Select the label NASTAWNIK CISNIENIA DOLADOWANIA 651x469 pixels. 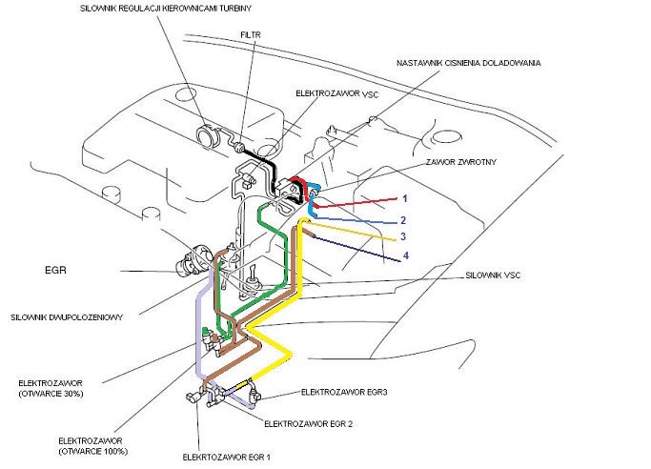tap(469, 63)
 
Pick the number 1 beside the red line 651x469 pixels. tap(404, 198)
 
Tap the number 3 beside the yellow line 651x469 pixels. tap(404, 236)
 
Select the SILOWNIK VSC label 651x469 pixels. tap(493, 275)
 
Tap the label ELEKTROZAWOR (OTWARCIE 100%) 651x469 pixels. tap(92, 446)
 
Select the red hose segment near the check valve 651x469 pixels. tap(298, 181)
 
